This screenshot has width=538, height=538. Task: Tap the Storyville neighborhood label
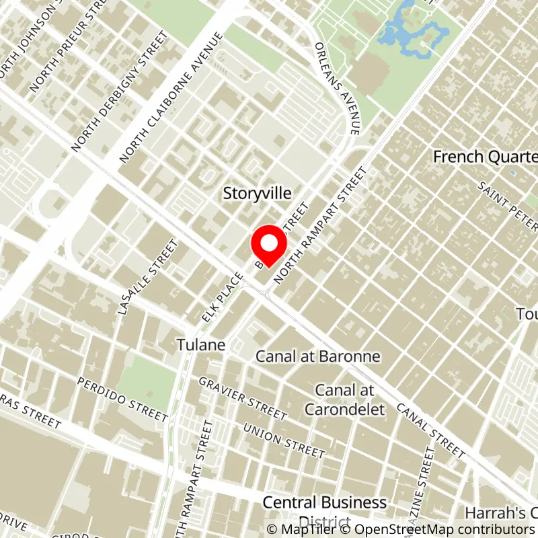[258, 194]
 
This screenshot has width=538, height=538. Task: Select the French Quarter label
[484, 157]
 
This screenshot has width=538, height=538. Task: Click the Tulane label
[201, 344]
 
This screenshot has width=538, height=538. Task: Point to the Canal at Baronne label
[318, 356]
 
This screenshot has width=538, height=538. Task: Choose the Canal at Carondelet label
[344, 399]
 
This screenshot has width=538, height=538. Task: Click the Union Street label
[284, 440]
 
